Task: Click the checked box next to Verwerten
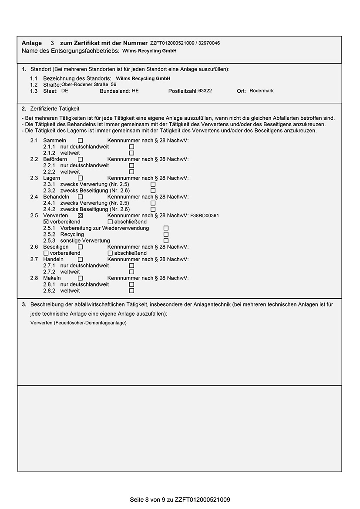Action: (80, 216)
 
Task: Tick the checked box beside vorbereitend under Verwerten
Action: (46, 222)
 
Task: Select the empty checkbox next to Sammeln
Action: (80, 141)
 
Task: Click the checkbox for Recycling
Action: (166, 234)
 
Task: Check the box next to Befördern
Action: (80, 159)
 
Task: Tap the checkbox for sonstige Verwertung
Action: (166, 240)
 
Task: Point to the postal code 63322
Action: (205, 91)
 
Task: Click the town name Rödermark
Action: (262, 91)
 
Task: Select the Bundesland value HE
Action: (135, 91)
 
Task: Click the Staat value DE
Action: (64, 91)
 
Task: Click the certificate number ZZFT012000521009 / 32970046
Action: (185, 43)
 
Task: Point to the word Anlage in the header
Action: (32, 43)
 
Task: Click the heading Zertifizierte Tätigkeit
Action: (55, 108)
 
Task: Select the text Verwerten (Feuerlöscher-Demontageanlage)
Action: (78, 323)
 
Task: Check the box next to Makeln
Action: (80, 278)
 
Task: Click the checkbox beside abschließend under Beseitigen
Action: (110, 253)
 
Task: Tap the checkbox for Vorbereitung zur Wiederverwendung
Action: (166, 228)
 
